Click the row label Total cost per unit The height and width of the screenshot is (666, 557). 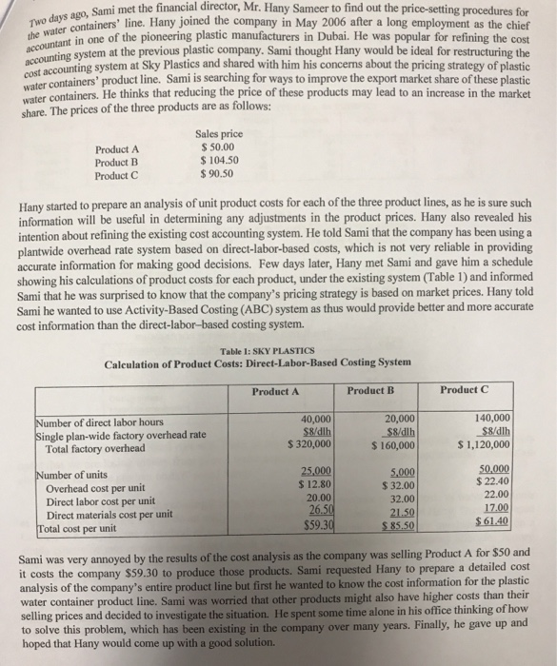click(75, 526)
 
